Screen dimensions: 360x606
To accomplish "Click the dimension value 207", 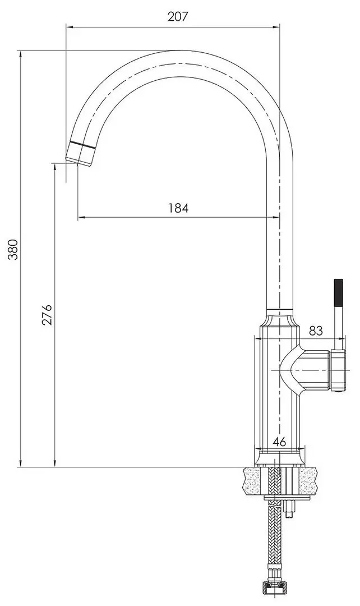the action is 178,17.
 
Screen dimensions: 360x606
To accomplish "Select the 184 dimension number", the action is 178,208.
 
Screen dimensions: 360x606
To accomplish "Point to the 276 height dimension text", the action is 47,315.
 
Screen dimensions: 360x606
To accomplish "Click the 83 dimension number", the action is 316,330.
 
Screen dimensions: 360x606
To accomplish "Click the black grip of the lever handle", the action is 339,292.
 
